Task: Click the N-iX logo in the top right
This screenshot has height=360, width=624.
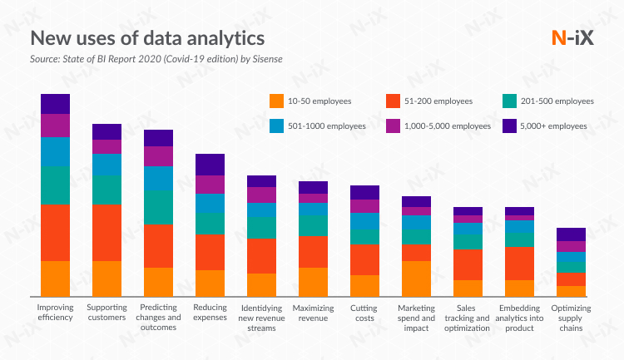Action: tap(572, 38)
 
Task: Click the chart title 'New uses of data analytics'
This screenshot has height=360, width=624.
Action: tap(148, 38)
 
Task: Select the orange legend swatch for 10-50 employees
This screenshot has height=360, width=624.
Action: tap(277, 101)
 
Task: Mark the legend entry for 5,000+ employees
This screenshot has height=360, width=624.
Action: tap(545, 126)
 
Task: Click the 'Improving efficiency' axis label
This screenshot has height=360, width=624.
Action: tap(56, 313)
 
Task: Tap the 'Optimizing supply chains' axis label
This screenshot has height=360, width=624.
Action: tap(571, 318)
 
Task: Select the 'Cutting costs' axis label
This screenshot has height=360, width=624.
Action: tap(364, 313)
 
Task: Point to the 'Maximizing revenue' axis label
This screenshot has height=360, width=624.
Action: tap(313, 313)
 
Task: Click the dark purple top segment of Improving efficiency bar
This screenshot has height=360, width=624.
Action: tap(56, 104)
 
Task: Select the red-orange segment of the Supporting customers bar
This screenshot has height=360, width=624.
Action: tap(106, 233)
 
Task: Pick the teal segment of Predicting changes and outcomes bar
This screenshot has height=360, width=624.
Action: tap(158, 208)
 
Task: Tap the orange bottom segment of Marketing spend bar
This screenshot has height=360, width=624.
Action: tap(416, 279)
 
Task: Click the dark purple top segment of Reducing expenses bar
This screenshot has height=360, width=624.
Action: tap(210, 165)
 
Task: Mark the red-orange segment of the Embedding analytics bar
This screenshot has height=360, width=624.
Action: tap(519, 264)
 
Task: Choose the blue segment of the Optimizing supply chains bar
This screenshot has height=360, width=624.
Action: tap(571, 258)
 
